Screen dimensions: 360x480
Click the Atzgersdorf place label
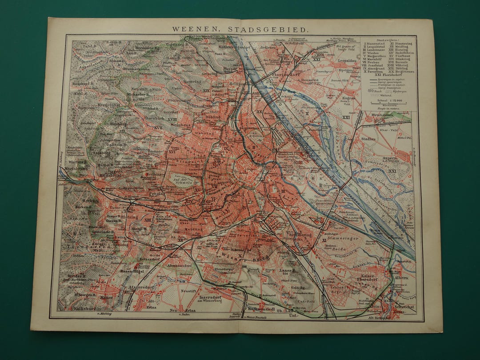(141, 287)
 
